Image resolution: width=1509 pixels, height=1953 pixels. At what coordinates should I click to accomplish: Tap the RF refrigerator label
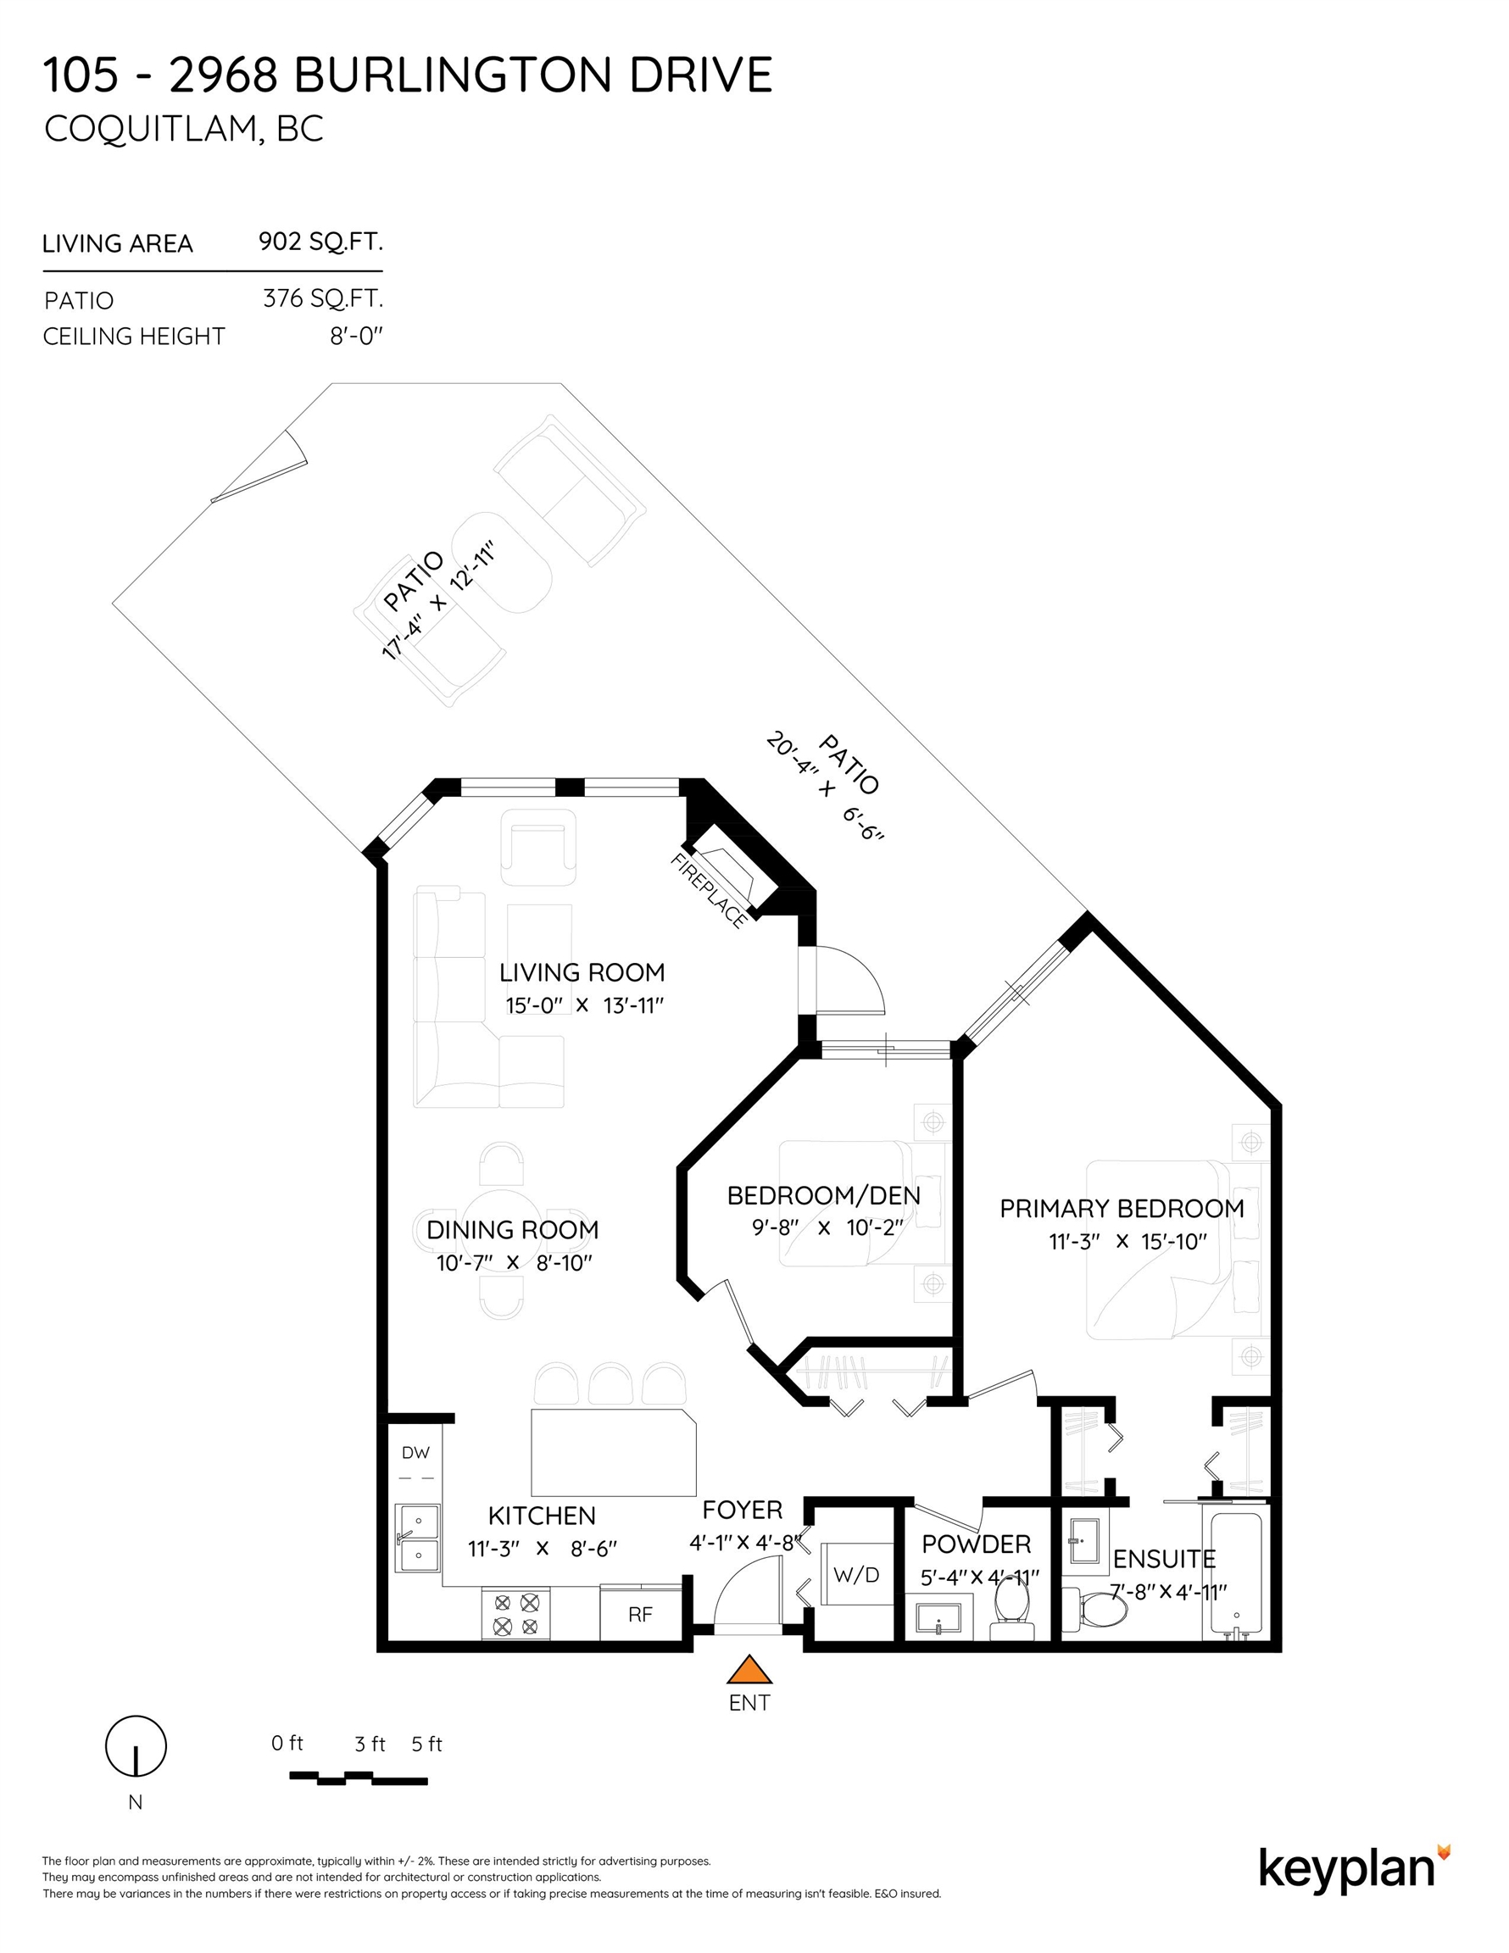coord(640,1614)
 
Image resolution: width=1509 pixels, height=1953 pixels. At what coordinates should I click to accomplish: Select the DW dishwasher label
coord(415,1453)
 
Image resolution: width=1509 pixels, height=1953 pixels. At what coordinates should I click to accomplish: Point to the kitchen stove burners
coord(516,1614)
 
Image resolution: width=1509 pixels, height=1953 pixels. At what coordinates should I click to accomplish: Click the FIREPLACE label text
coord(709,891)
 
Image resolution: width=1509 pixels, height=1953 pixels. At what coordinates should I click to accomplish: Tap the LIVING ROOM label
coord(582,972)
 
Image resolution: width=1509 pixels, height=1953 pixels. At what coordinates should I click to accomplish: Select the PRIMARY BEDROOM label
coord(1122,1209)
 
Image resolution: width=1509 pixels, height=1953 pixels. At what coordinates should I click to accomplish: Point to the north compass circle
coord(136,1746)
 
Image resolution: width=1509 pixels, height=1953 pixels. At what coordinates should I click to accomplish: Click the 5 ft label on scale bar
coord(426,1744)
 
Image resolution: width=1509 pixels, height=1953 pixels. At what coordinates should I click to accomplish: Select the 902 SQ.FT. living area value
coord(320,242)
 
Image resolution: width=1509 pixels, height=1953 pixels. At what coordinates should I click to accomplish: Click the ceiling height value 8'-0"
coord(356,337)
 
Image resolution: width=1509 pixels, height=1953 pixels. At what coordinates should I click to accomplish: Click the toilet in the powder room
coord(1011,1611)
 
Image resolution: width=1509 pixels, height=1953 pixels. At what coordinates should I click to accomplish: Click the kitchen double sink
coord(418,1538)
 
